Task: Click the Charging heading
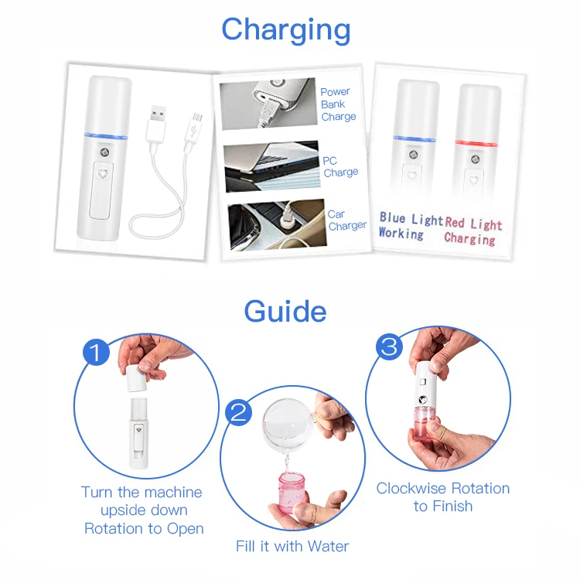coord(285,31)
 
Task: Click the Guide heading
coord(285,311)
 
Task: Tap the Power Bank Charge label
coord(338,104)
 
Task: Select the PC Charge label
coord(340,166)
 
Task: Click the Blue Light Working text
coord(410,226)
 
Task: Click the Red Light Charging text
coord(473,231)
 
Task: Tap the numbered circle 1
coord(97,354)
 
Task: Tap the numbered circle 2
coord(239,411)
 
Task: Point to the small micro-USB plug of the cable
coord(196,124)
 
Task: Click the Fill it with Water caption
coord(292,546)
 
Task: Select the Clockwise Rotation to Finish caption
coord(442,497)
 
